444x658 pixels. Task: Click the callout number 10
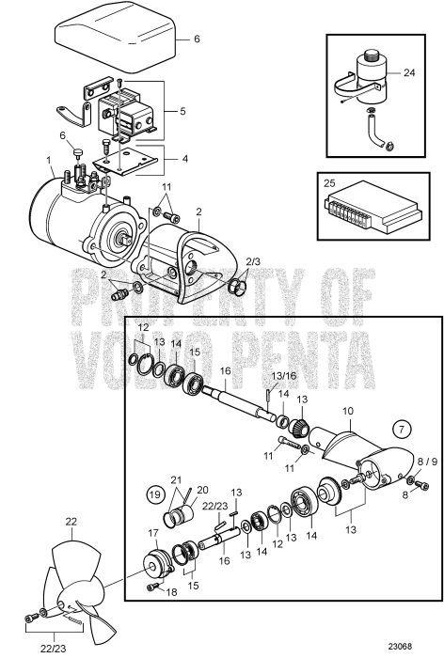(x=347, y=384)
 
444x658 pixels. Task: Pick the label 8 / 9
(x=427, y=462)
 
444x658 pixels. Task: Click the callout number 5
(x=182, y=110)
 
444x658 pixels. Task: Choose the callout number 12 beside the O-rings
(x=143, y=326)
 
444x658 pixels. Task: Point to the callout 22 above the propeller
(x=71, y=522)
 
